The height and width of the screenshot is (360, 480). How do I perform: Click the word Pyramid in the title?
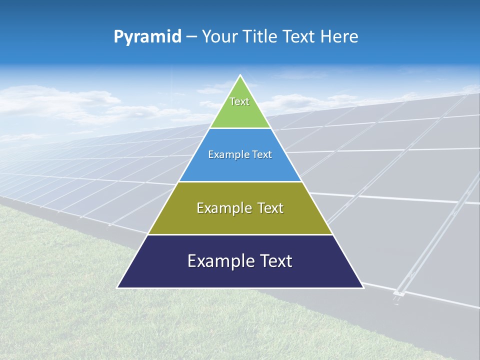coord(147,37)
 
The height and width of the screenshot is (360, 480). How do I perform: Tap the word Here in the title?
coord(339,37)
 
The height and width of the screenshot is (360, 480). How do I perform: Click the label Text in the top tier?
coord(239,101)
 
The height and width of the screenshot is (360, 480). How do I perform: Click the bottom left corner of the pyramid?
coord(118,287)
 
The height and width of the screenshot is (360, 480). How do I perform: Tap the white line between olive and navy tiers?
coord(240,234)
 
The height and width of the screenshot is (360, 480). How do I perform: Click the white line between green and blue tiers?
coord(240,128)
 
